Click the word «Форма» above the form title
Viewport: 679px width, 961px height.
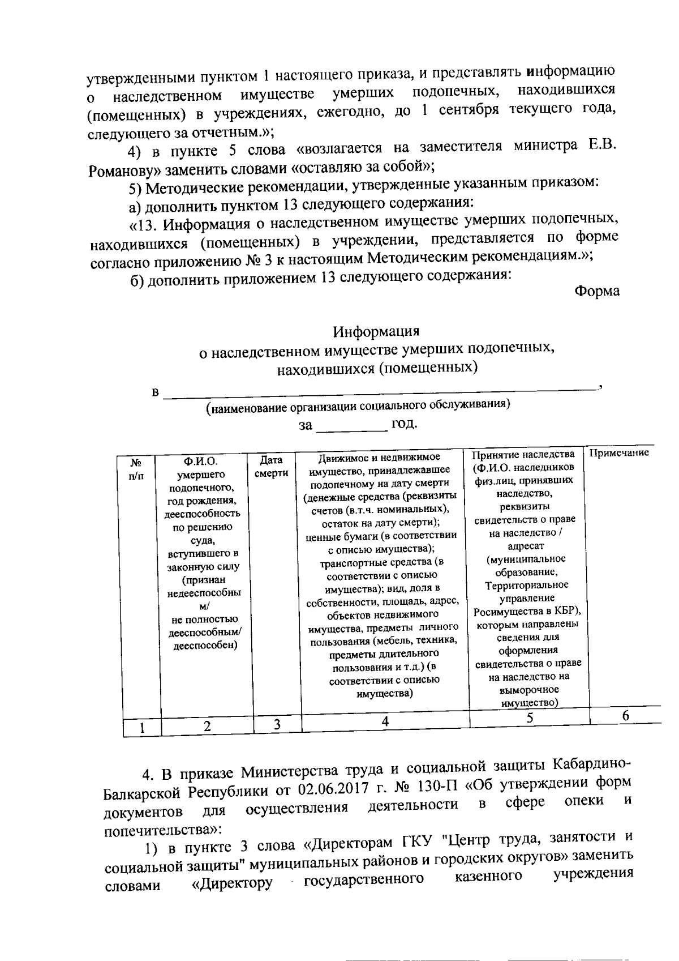point(596,292)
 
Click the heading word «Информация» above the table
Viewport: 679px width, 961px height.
point(376,331)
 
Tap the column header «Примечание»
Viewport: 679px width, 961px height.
point(619,453)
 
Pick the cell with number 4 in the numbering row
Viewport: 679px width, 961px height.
point(385,721)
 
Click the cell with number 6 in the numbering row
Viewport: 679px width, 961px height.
point(625,715)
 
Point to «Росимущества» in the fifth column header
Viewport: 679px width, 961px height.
point(503,612)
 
